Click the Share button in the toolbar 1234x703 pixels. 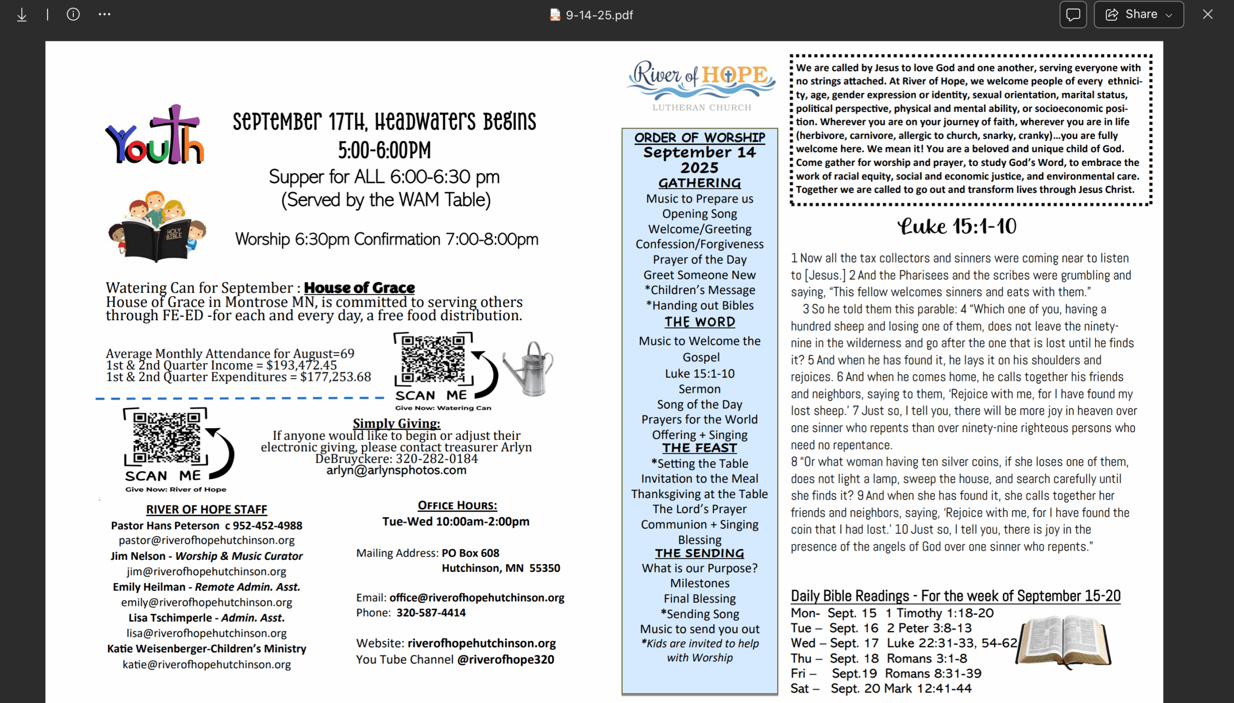1138,14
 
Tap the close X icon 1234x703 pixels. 1207,14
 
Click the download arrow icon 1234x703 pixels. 22,14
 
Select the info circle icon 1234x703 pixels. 73,14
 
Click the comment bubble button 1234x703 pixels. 1073,14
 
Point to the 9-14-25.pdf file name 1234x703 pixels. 598,15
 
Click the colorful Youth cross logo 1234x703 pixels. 155,135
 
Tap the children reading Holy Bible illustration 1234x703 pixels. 157,226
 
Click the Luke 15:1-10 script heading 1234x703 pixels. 956,226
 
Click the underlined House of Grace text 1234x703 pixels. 359,288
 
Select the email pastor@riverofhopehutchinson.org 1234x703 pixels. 207,541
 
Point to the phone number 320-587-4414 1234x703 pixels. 431,613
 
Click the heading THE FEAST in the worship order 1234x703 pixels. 699,448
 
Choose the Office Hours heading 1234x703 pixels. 457,505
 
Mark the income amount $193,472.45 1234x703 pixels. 301,365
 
